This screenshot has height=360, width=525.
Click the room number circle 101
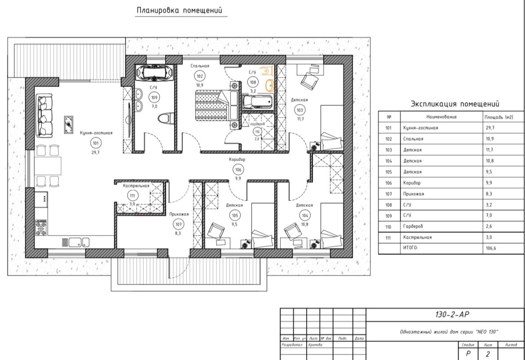coord(96,143)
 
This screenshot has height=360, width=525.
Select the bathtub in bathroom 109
coord(154,73)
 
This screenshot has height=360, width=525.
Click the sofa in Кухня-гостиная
coord(44,116)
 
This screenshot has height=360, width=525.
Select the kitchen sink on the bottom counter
coord(75,242)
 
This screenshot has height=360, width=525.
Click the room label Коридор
coord(237,160)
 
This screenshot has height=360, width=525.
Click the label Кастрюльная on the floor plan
coord(136,186)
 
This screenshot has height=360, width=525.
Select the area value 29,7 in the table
coord(490,128)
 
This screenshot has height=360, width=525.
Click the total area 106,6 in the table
coord(491,248)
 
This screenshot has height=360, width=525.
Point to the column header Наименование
coord(441,117)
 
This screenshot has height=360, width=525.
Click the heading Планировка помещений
coord(180,10)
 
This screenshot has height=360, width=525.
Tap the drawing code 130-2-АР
coord(452,315)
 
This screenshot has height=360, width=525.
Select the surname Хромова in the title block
coord(315,345)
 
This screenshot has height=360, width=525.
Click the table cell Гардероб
coord(413,227)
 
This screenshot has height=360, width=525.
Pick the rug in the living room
coord(69,124)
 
